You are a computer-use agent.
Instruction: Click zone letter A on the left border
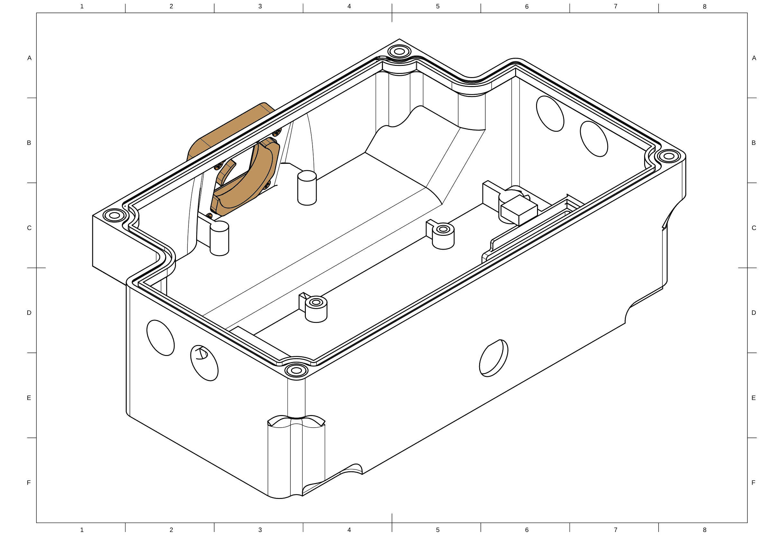pyautogui.click(x=29, y=58)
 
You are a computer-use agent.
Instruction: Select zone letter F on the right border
pyautogui.click(x=753, y=483)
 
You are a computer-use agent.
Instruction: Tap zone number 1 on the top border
pyautogui.click(x=82, y=6)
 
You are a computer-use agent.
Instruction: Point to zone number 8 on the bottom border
pyautogui.click(x=705, y=530)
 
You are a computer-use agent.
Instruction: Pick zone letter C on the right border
pyautogui.click(x=754, y=228)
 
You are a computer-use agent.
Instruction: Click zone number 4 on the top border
pyautogui.click(x=349, y=6)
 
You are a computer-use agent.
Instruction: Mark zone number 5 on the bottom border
pyautogui.click(x=438, y=530)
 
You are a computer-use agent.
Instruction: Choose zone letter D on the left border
pyautogui.click(x=29, y=313)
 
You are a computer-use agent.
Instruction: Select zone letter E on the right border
pyautogui.click(x=753, y=398)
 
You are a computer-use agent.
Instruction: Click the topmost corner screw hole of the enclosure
pyautogui.click(x=399, y=52)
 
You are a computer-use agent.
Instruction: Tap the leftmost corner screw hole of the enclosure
pyautogui.click(x=114, y=215)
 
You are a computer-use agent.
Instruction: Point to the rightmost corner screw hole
pyautogui.click(x=669, y=156)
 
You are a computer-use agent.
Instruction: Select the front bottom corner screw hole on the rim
pyautogui.click(x=296, y=370)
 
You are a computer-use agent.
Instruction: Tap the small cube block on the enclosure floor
pyautogui.click(x=519, y=210)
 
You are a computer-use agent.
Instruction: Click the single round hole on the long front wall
pyautogui.click(x=493, y=358)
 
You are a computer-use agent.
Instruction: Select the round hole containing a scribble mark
pyautogui.click(x=204, y=363)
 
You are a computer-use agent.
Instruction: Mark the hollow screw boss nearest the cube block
pyautogui.click(x=443, y=236)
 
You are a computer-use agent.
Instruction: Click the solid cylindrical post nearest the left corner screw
pyautogui.click(x=219, y=238)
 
